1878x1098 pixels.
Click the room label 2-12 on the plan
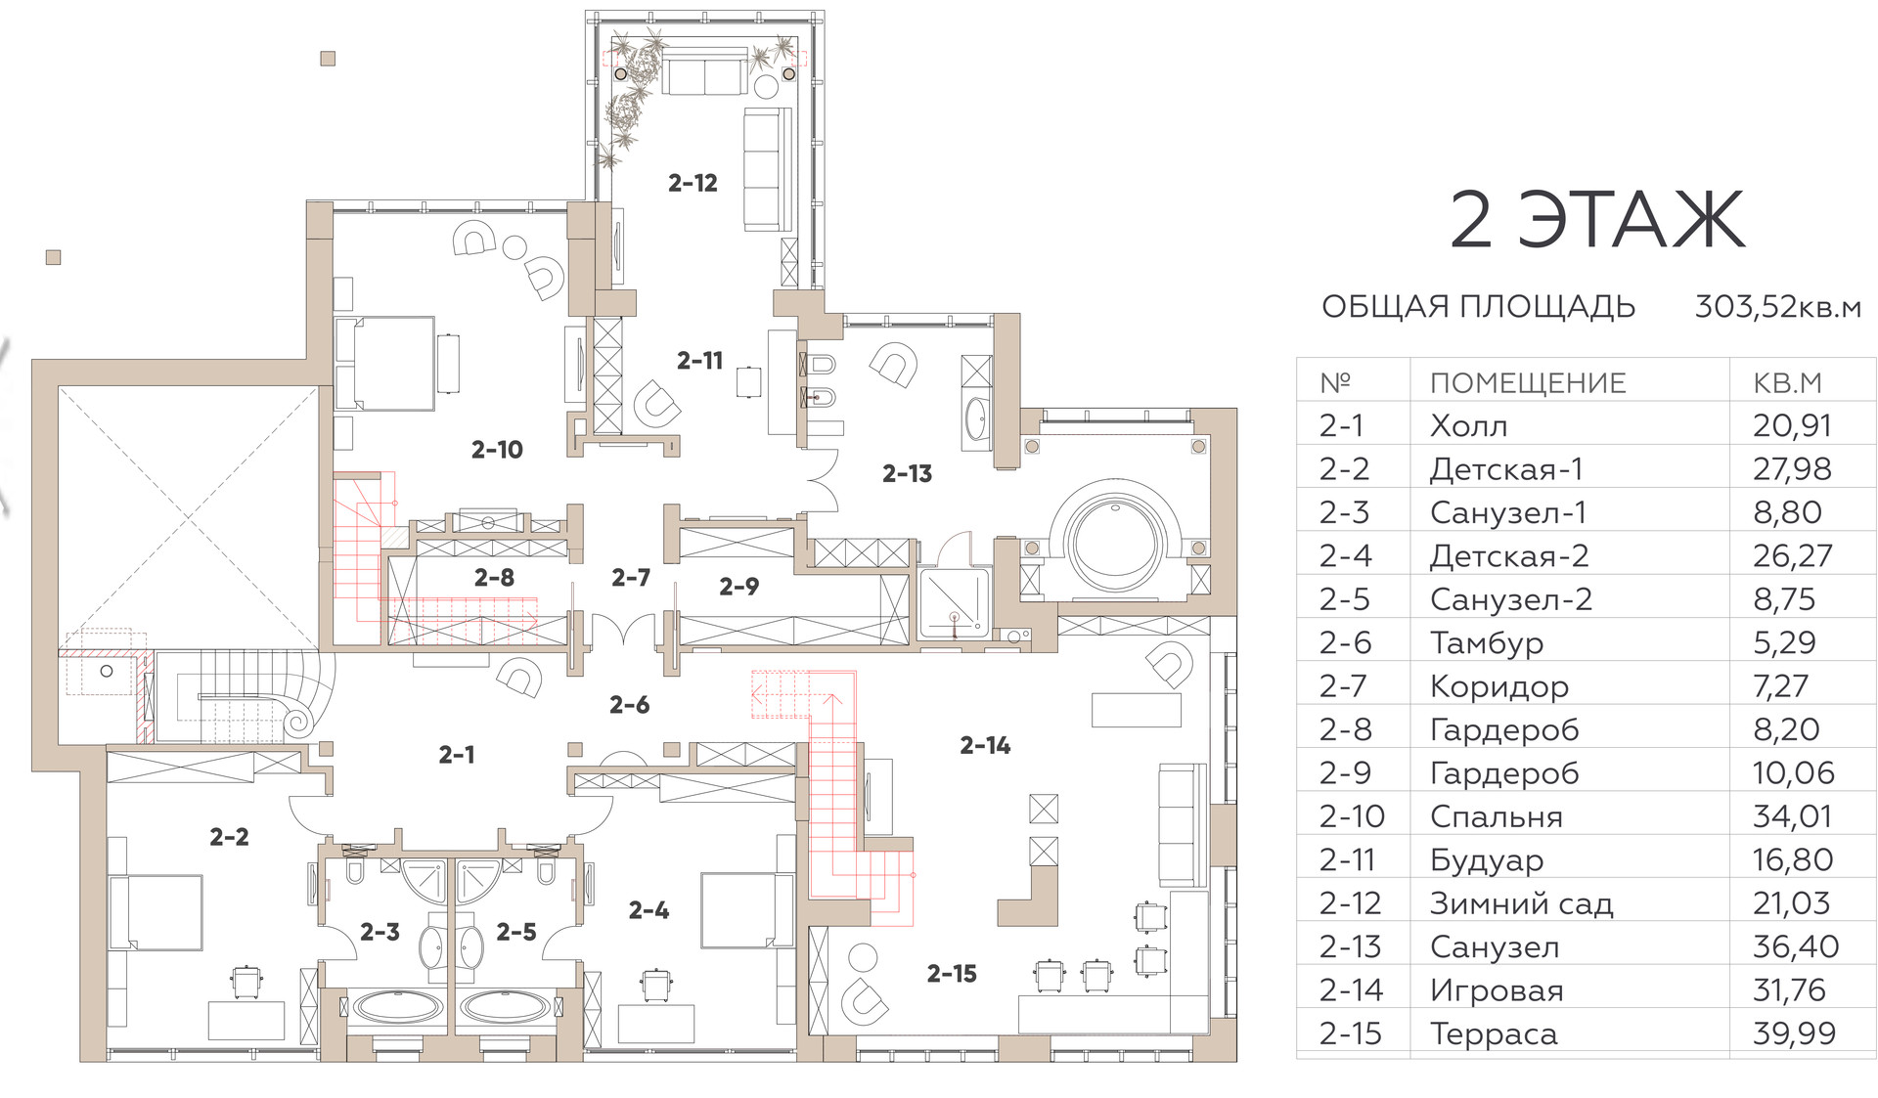693,183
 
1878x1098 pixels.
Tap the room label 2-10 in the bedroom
497,450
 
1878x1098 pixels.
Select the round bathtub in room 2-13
1114,542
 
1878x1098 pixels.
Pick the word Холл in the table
1468,426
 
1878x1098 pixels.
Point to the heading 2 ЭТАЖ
1596,220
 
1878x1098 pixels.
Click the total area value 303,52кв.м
1777,307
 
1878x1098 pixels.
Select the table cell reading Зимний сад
1521,903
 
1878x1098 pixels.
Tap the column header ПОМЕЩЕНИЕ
1528,383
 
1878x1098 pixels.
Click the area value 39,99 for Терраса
1794,1033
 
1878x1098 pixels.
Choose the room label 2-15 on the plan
952,974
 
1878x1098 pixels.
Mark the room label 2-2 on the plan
229,837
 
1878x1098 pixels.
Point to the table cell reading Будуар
1486,860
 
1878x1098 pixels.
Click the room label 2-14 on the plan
985,746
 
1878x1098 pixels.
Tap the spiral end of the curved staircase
295,723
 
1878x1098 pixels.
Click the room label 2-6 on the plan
629,705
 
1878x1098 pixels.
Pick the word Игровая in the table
1497,990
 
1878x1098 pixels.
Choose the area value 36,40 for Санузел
1795,946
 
